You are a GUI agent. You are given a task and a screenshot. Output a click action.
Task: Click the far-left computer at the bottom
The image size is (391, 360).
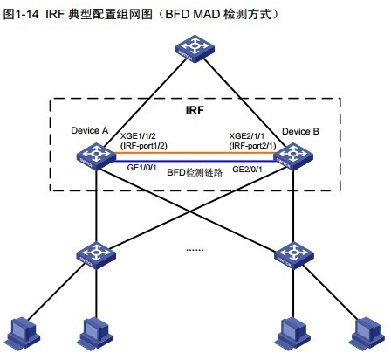[20, 334]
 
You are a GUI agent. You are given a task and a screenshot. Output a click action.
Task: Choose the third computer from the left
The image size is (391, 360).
[291, 334]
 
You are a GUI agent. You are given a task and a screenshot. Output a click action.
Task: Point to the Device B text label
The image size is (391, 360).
[300, 131]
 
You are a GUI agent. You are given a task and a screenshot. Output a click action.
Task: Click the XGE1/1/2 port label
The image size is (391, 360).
[140, 136]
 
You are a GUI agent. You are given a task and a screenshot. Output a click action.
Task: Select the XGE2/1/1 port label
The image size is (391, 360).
[248, 136]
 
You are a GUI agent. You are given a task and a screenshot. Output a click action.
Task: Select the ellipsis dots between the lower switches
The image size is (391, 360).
[194, 248]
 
